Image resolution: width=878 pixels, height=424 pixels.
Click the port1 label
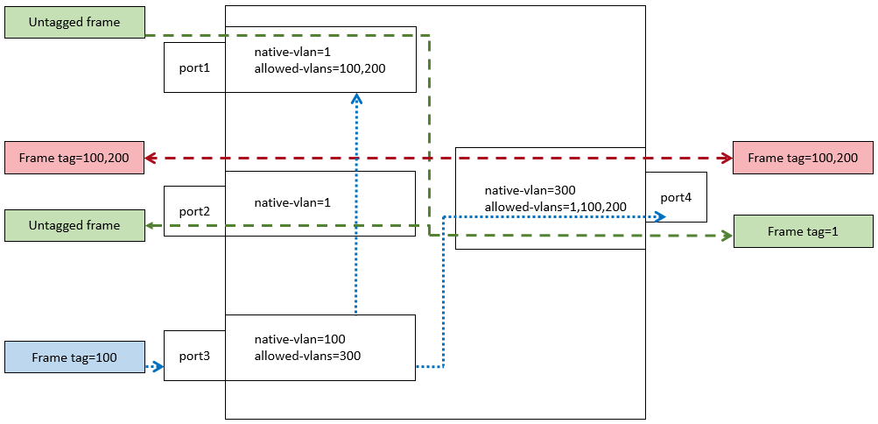pos(194,67)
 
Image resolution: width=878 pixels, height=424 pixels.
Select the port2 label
pos(194,211)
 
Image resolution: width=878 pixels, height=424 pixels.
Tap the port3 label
pos(194,357)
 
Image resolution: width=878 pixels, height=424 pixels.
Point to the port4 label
pos(676,197)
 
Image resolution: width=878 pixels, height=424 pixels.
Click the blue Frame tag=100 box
pos(74,357)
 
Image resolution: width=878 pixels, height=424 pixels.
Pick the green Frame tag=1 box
pos(803,231)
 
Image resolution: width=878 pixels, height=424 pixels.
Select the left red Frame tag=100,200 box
pos(74,158)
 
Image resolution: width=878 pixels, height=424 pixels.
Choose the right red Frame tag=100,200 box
pos(803,158)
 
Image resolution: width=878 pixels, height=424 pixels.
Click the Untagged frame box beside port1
pos(74,22)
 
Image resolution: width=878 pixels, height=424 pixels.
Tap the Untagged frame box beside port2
pos(74,225)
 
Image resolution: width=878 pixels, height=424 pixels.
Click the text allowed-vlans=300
pos(307,356)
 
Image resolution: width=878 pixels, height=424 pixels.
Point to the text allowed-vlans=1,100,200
pos(555,207)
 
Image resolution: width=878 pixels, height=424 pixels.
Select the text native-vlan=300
pos(530,189)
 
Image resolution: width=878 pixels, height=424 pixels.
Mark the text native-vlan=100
pos(299,339)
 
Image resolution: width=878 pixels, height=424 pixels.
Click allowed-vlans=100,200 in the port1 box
pos(320,68)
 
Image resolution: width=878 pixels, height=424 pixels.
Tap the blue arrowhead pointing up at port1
pos(356,99)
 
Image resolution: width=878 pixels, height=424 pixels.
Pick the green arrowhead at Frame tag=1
pos(726,235)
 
